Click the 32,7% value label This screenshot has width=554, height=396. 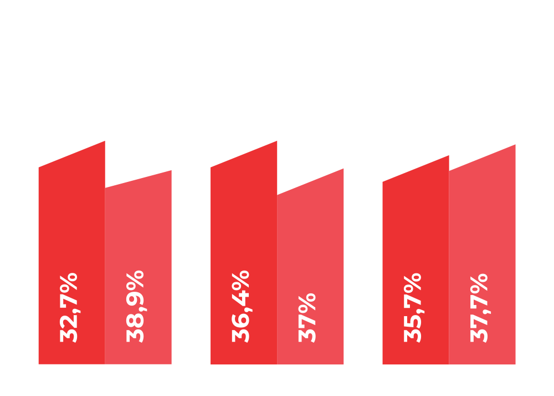[70, 307]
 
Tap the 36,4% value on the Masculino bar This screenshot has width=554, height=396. [242, 306]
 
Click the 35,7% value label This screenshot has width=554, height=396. [413, 307]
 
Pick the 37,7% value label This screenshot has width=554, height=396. [480, 307]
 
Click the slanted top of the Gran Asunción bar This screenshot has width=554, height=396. [483, 158]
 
